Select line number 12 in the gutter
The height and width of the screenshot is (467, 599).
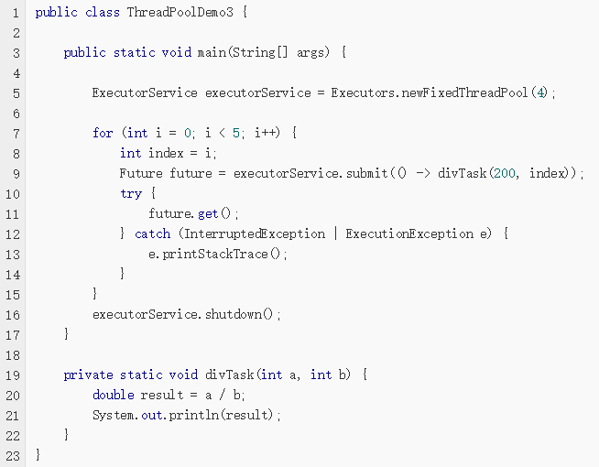(x=13, y=233)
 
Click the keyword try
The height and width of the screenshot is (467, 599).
(x=131, y=193)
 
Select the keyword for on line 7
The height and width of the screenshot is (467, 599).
(x=103, y=133)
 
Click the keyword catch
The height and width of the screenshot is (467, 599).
(x=153, y=233)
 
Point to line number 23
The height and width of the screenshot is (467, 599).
(x=13, y=455)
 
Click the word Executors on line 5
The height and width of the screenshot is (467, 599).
(x=362, y=92)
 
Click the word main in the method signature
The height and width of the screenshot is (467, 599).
(x=212, y=52)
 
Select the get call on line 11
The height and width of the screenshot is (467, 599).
(x=208, y=213)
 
